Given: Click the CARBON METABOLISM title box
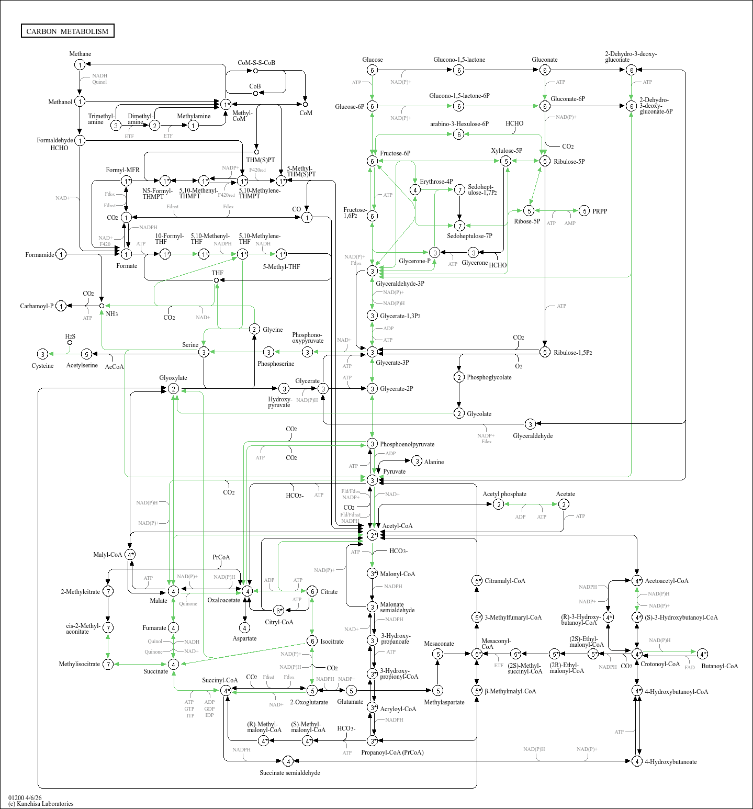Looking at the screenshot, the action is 68,31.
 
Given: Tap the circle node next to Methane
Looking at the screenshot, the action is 80,64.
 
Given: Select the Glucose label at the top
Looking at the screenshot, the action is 372,60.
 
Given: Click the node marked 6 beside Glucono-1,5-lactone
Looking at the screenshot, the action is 458,70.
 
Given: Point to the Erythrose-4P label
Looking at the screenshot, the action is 436,182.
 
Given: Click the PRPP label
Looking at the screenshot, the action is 600,211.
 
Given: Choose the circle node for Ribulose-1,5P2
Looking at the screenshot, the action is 545,352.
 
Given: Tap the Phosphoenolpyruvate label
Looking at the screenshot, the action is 407,444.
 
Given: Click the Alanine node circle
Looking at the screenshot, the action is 417,461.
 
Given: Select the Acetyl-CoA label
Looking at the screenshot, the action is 397,526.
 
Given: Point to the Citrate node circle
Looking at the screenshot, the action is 312,591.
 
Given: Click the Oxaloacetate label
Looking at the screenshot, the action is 223,600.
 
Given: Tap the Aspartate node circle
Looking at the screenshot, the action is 244,627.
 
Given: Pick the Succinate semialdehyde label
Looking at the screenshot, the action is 290,773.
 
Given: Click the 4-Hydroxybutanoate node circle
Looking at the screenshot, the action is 637,761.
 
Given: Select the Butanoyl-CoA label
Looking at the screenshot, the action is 720,666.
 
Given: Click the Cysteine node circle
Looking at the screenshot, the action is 43,354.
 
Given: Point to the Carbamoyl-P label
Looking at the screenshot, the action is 37,306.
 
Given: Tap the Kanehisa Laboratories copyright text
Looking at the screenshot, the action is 41,804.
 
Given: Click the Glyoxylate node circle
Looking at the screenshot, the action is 173,389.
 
